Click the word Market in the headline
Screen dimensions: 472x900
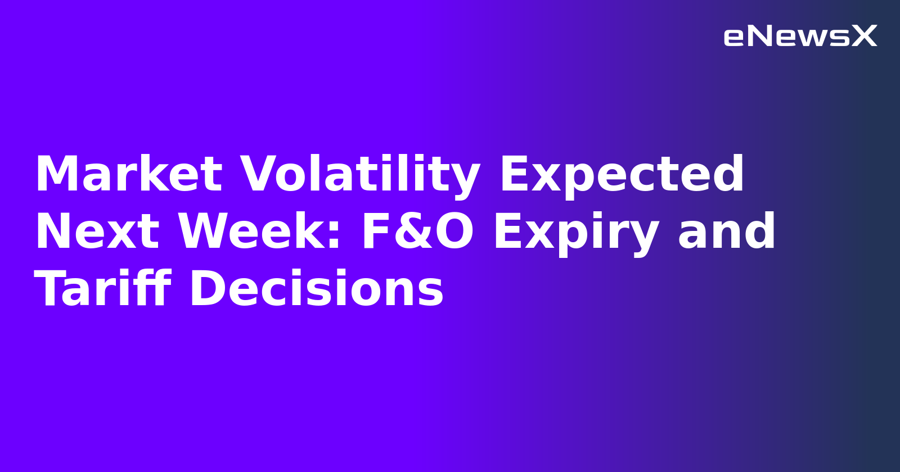click(x=128, y=174)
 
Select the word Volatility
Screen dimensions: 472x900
click(x=360, y=174)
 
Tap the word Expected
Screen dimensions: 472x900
click(x=622, y=174)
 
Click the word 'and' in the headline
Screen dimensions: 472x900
click(x=727, y=232)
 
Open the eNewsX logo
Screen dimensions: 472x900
click(x=800, y=37)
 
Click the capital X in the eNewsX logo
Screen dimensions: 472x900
click(x=864, y=36)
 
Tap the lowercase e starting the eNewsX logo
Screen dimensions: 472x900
click(x=734, y=38)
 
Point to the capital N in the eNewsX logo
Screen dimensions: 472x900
click(x=759, y=36)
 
